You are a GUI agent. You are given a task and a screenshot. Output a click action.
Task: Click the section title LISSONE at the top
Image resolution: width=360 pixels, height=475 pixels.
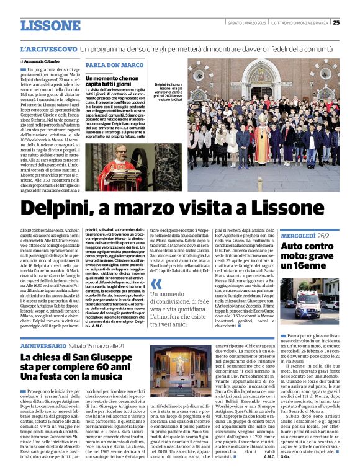coord(50,25)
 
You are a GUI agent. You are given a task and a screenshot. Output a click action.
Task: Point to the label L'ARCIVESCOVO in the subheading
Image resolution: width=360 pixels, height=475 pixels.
coord(48,48)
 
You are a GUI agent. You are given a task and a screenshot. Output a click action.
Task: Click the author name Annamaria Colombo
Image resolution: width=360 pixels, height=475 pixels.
coord(44,61)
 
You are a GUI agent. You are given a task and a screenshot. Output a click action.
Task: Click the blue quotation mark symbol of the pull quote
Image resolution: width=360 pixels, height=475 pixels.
coord(156,285)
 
